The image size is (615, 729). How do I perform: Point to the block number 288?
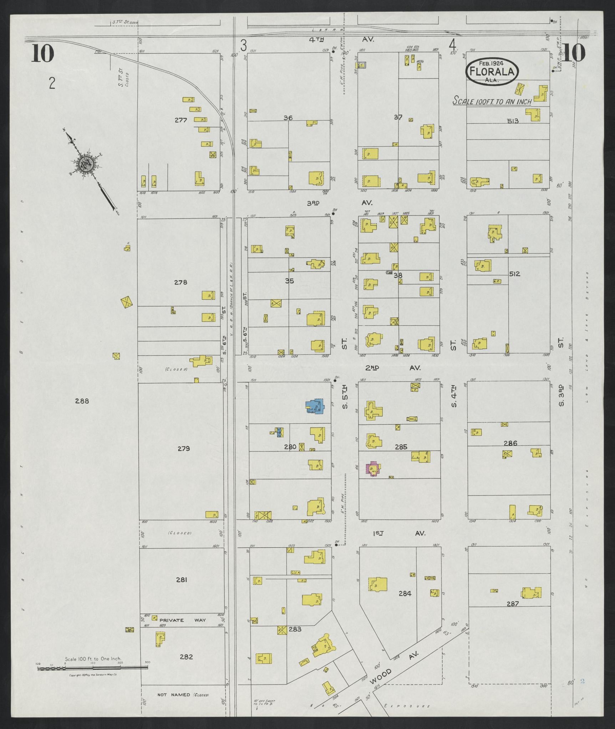coord(82,401)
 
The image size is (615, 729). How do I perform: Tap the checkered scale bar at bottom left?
coord(92,668)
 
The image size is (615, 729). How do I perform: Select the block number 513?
coord(512,121)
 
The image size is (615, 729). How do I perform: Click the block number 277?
coord(181,120)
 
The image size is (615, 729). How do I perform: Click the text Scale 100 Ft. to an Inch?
coord(492,102)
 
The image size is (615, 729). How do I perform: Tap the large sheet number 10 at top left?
coord(42,53)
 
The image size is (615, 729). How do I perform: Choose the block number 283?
coord(295,629)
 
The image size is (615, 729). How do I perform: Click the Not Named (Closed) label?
coord(183,695)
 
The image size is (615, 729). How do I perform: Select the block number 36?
coord(288,118)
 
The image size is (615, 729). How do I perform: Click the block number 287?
coord(512,604)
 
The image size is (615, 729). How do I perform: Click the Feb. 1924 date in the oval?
coord(491,63)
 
